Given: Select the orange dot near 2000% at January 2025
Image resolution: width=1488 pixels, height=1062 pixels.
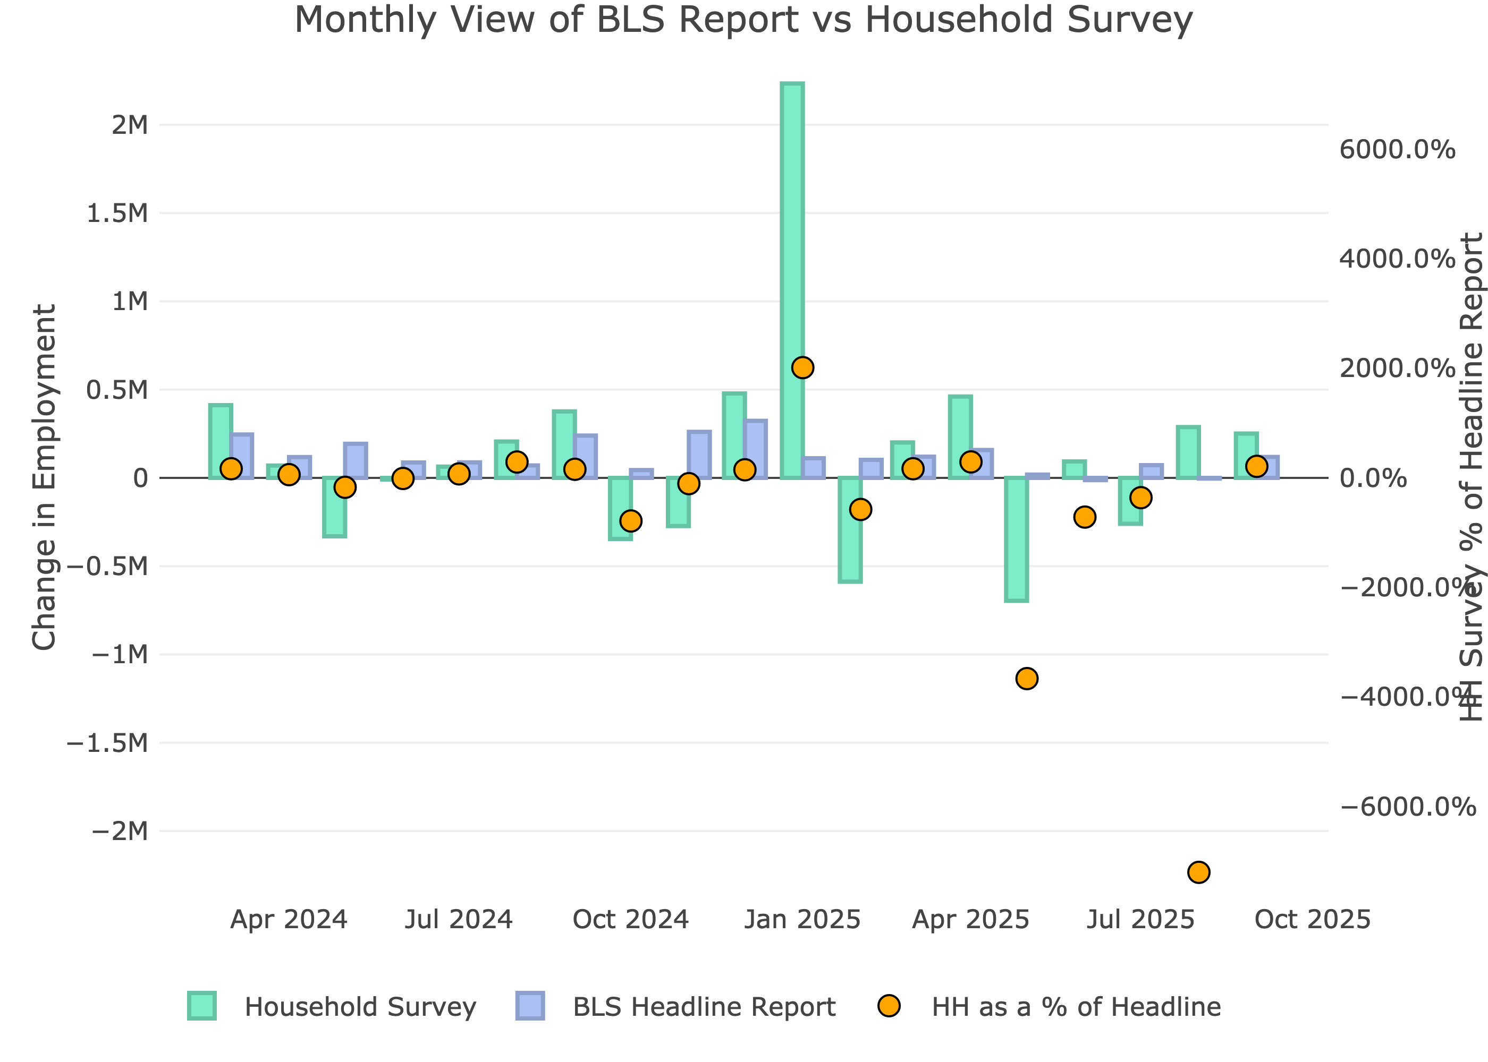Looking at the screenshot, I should (x=802, y=367).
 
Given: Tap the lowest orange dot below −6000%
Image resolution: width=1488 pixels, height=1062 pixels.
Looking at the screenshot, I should (x=1198, y=872).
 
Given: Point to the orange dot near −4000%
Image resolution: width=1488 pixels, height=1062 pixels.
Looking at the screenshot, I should (x=1027, y=679).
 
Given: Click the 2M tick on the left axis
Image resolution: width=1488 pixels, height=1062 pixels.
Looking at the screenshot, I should (x=130, y=125).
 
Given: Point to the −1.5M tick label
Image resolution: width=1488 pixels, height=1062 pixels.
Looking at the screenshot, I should (x=107, y=743).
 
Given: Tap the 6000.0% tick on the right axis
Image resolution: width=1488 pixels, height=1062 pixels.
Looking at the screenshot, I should (x=1397, y=150).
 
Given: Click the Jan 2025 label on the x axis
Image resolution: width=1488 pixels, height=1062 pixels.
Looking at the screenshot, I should (x=802, y=920).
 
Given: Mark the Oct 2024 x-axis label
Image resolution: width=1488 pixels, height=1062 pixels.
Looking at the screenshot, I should (x=631, y=920).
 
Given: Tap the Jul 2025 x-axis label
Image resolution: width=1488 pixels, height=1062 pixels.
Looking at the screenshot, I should (x=1140, y=920).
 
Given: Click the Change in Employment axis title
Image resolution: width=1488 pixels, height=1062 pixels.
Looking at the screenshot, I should (x=45, y=477).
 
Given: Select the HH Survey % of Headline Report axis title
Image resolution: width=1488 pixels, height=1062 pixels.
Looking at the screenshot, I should (x=1472, y=477).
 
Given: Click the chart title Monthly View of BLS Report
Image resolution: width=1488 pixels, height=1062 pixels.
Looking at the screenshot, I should (x=743, y=20).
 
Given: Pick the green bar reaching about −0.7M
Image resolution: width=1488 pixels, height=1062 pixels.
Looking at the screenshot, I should (x=1016, y=539).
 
